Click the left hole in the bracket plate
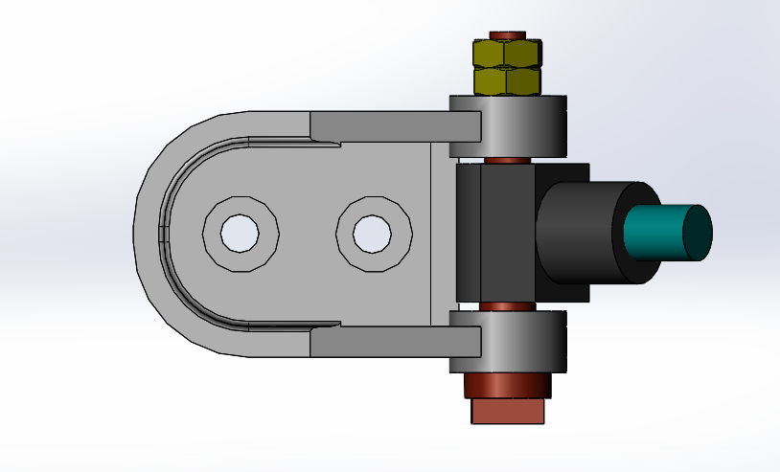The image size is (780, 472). click(240, 232)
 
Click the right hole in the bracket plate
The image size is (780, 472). click(374, 232)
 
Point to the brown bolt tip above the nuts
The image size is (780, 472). click(507, 35)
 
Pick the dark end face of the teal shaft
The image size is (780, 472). click(697, 233)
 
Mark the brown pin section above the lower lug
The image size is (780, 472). click(506, 306)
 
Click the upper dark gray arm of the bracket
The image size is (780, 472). click(393, 124)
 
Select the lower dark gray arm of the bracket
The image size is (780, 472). click(393, 340)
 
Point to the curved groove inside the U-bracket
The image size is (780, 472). click(165, 233)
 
